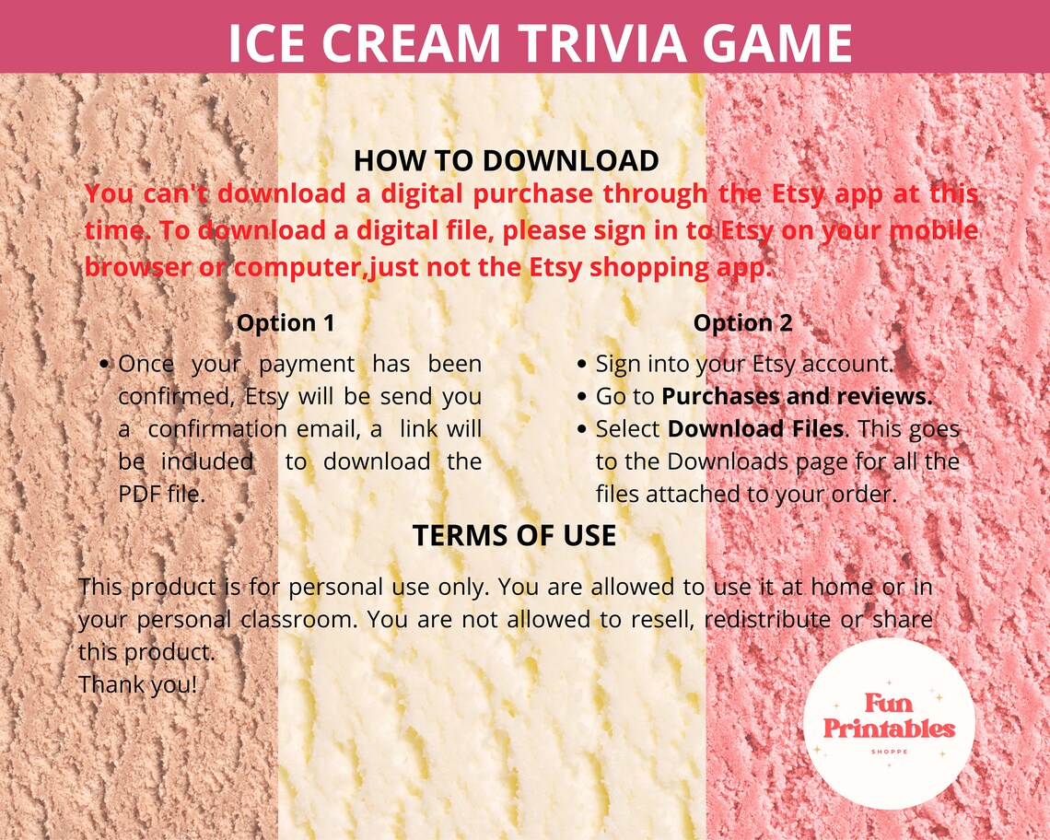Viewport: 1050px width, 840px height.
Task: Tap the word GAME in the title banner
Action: pyautogui.click(x=773, y=42)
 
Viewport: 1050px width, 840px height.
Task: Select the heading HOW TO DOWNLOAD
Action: pyautogui.click(x=506, y=160)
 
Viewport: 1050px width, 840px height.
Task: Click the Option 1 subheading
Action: pyautogui.click(x=286, y=323)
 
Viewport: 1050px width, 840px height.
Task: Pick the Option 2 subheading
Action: pyautogui.click(x=742, y=323)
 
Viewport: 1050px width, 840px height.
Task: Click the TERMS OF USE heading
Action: pyautogui.click(x=514, y=536)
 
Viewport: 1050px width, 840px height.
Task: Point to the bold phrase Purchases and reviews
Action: pyautogui.click(x=798, y=397)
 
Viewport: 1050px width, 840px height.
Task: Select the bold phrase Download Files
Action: pyautogui.click(x=755, y=429)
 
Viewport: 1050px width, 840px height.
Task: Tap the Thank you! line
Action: pyautogui.click(x=138, y=684)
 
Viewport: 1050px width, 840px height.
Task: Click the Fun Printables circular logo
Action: pyautogui.click(x=888, y=723)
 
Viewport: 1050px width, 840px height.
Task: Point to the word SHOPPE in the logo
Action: pyautogui.click(x=889, y=752)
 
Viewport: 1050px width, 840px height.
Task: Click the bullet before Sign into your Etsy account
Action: pyautogui.click(x=582, y=365)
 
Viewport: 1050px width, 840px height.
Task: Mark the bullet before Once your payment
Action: pyautogui.click(x=105, y=365)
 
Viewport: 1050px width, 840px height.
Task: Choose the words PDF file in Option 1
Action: pyautogui.click(x=161, y=494)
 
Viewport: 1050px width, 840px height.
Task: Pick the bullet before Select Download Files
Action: pyautogui.click(x=582, y=430)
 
